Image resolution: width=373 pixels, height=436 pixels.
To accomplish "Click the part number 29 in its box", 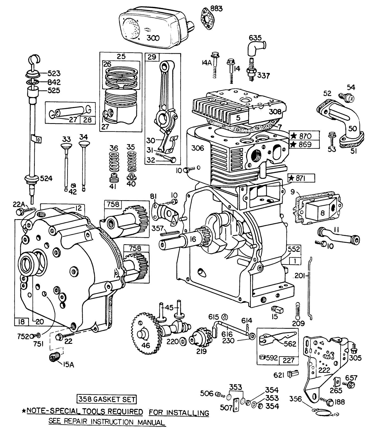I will click(152, 57).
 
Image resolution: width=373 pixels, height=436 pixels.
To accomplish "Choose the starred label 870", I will click(304, 136).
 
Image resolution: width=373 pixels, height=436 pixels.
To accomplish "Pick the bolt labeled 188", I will click(330, 402).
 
